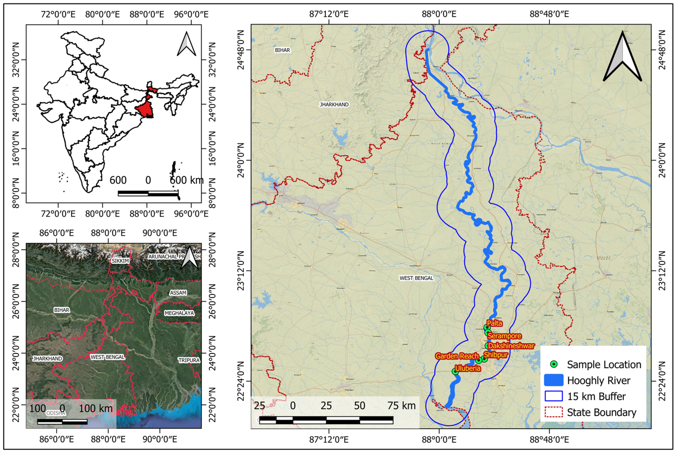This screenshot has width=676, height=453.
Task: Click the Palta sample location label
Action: point(494,323)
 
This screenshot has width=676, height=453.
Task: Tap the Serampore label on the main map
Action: point(504,336)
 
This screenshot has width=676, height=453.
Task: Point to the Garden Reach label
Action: point(457,356)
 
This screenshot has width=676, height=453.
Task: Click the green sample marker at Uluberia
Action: point(455,371)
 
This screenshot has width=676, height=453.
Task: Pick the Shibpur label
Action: point(496,355)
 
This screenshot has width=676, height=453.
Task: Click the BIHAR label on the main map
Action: point(282,50)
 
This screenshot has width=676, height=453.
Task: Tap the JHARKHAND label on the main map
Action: point(334,104)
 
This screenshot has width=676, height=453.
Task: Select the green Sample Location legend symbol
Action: point(554,364)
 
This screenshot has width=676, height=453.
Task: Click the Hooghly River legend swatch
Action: point(554,380)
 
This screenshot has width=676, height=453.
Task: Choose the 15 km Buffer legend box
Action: point(554,396)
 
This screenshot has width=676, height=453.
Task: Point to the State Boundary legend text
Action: point(602,412)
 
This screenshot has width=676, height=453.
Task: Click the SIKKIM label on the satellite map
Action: point(120,261)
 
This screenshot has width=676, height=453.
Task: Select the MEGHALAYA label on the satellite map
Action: point(179,313)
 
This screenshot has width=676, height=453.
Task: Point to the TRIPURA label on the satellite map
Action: point(189,360)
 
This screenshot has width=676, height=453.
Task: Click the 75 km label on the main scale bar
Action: point(401,406)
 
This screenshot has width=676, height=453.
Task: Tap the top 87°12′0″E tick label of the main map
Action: point(329,14)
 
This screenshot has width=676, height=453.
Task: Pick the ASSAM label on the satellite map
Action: point(178,293)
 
